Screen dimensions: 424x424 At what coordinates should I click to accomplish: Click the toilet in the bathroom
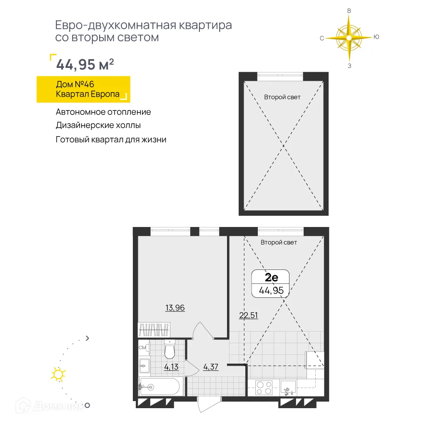pos(170,350)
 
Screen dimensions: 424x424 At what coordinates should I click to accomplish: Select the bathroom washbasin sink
pos(144,366)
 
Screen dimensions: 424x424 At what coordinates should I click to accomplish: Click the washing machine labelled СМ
pos(142,347)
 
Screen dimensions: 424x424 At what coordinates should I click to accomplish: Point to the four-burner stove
pos(263,388)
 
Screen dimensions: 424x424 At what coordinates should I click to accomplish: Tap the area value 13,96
pos(175,308)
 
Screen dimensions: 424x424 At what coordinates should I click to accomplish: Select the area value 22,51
pos(248,315)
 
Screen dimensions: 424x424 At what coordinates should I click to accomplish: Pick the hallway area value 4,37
pos(211,367)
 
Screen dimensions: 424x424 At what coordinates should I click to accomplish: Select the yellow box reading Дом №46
pos(83,89)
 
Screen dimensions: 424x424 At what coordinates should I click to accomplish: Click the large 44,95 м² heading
pos(85,65)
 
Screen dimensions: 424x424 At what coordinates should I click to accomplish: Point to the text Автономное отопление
pos(103,112)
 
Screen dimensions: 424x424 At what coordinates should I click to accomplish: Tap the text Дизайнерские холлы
pos(98,125)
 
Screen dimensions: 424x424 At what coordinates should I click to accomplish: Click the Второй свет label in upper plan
pos(282,97)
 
